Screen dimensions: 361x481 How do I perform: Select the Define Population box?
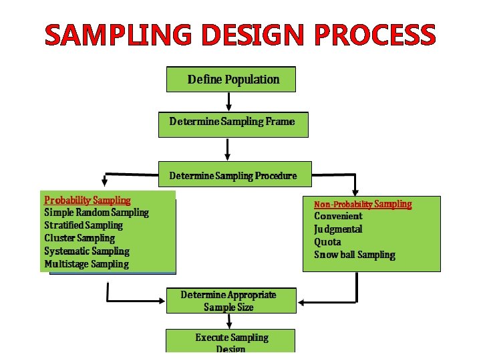tap(231, 80)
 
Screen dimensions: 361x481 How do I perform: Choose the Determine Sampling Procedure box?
tap(232, 175)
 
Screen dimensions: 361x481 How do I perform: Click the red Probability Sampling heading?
tap(88, 200)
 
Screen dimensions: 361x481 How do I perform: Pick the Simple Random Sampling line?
tap(96, 213)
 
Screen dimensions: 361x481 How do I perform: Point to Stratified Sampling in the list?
tap(84, 225)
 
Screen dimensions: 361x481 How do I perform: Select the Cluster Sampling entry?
tap(79, 238)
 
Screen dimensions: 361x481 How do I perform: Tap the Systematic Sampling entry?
tap(87, 251)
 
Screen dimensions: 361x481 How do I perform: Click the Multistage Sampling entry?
tap(86, 264)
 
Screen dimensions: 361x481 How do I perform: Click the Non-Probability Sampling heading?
tap(363, 204)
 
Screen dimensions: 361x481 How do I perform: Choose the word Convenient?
tap(338, 216)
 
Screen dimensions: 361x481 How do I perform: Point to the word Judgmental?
tap(338, 229)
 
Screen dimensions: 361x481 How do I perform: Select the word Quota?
tap(327, 242)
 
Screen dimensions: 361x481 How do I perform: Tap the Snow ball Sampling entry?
tap(355, 255)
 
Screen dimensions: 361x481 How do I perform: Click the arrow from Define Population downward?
tap(229, 102)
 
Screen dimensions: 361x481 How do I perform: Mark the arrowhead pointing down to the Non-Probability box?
tap(355, 191)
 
